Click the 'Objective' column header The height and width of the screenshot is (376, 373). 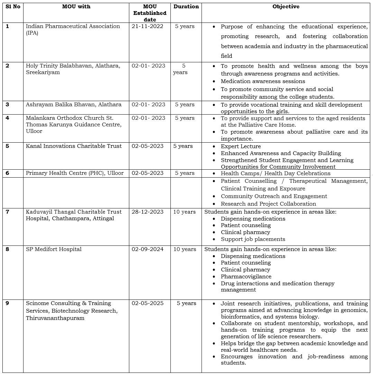click(286, 7)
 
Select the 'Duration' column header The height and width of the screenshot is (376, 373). click(186, 7)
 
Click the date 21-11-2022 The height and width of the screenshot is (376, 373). click(148, 26)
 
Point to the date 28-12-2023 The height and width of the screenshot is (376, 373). click(148, 212)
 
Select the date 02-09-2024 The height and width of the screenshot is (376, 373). click(148, 249)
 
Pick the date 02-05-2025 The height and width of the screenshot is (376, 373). click(148, 303)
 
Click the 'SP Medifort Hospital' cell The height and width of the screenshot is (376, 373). click(54, 249)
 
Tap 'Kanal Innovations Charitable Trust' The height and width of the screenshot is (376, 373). click(74, 146)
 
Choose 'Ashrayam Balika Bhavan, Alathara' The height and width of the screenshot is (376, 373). click(74, 105)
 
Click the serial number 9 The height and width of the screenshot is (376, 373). click(8, 303)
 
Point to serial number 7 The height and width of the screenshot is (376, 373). click(8, 212)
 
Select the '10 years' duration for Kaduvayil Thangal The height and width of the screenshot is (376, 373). click(184, 212)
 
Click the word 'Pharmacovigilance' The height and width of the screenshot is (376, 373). click(246, 277)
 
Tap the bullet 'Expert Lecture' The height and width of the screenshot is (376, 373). click(241, 146)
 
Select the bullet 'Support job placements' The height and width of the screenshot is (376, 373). click(253, 239)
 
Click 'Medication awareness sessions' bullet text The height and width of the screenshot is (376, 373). click(263, 81)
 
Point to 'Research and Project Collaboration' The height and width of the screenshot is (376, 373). click(268, 204)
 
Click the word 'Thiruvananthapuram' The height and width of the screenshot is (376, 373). click(55, 318)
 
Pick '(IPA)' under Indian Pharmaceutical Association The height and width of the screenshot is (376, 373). click(32, 33)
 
